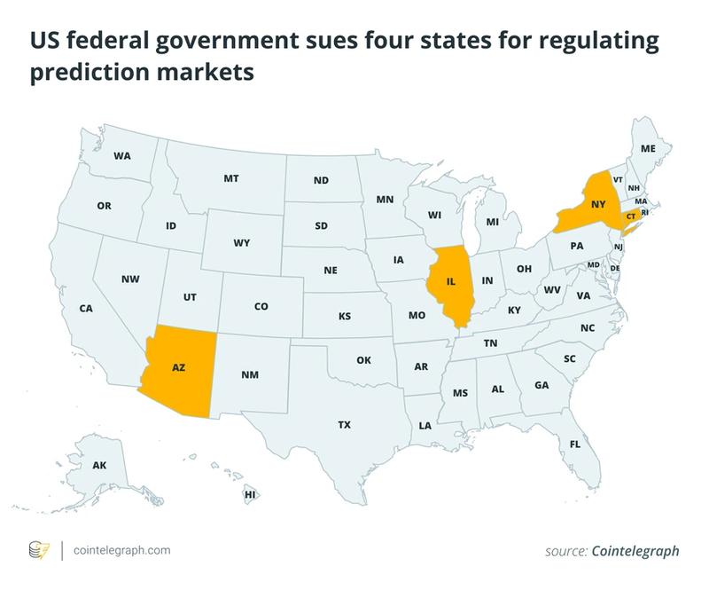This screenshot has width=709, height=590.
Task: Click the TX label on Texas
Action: coord(344,425)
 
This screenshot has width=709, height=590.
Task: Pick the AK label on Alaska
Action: coord(99,464)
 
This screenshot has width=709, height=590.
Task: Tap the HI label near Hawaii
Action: coord(251,494)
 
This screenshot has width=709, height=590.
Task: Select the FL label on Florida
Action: coord(574,444)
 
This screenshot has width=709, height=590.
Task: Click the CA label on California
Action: coord(86,309)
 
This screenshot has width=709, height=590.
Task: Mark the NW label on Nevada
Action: coord(130,279)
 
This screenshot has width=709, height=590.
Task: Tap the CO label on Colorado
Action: coord(261,306)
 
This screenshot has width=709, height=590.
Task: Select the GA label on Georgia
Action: coord(541,385)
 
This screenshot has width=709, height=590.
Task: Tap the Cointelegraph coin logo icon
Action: coord(37,550)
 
